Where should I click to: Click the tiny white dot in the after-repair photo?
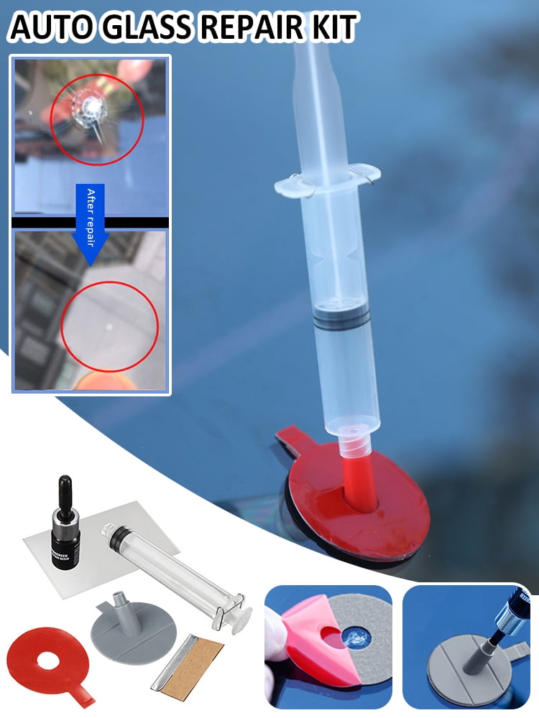[x=109, y=327]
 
